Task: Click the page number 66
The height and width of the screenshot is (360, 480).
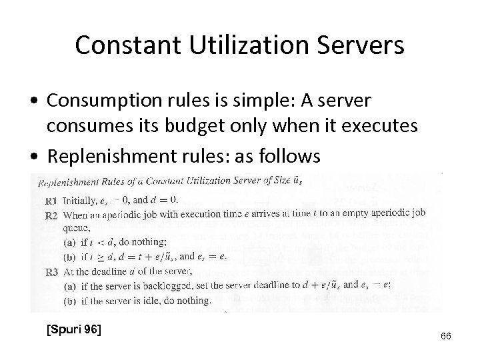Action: point(446,336)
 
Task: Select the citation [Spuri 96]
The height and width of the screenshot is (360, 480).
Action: point(73,328)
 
